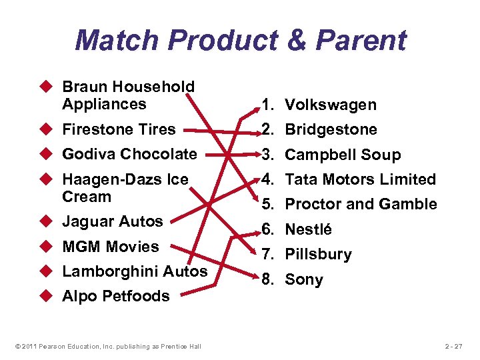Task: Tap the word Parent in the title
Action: click(x=361, y=40)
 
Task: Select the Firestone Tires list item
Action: click(x=118, y=129)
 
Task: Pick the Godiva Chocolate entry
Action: click(x=129, y=154)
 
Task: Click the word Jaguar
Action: click(x=85, y=221)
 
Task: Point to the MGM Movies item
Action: click(x=110, y=247)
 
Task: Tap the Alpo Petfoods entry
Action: click(x=115, y=296)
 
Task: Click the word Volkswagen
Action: click(x=331, y=105)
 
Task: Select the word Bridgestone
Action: click(x=331, y=129)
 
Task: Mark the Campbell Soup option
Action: click(x=343, y=155)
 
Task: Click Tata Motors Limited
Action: click(x=360, y=179)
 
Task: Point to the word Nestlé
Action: click(x=309, y=229)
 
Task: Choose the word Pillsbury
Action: click(x=318, y=254)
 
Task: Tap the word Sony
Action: click(x=304, y=279)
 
